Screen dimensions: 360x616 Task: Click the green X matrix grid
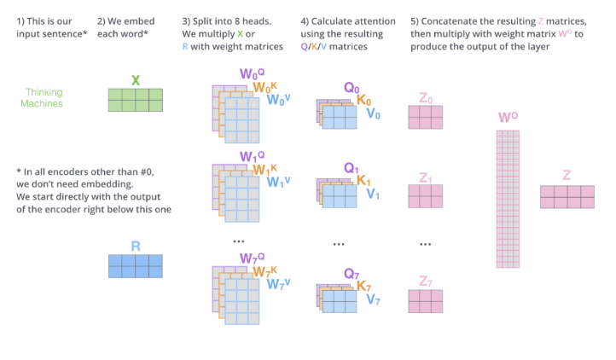click(135, 101)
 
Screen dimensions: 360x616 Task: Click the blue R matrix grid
click(135, 265)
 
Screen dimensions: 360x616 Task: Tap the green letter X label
click(135, 80)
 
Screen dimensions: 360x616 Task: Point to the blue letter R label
click(135, 246)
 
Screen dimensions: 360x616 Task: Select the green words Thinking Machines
click(44, 98)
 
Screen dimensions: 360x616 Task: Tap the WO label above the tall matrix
click(508, 118)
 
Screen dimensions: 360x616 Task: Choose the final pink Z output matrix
click(567, 197)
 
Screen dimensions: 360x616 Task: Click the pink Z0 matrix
click(425, 117)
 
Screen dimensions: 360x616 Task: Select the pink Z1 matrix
click(425, 196)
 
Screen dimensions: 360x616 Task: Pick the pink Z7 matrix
click(425, 302)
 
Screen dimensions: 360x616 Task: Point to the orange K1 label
click(364, 180)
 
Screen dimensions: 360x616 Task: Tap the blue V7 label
click(374, 299)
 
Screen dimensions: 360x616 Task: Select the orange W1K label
click(263, 169)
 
